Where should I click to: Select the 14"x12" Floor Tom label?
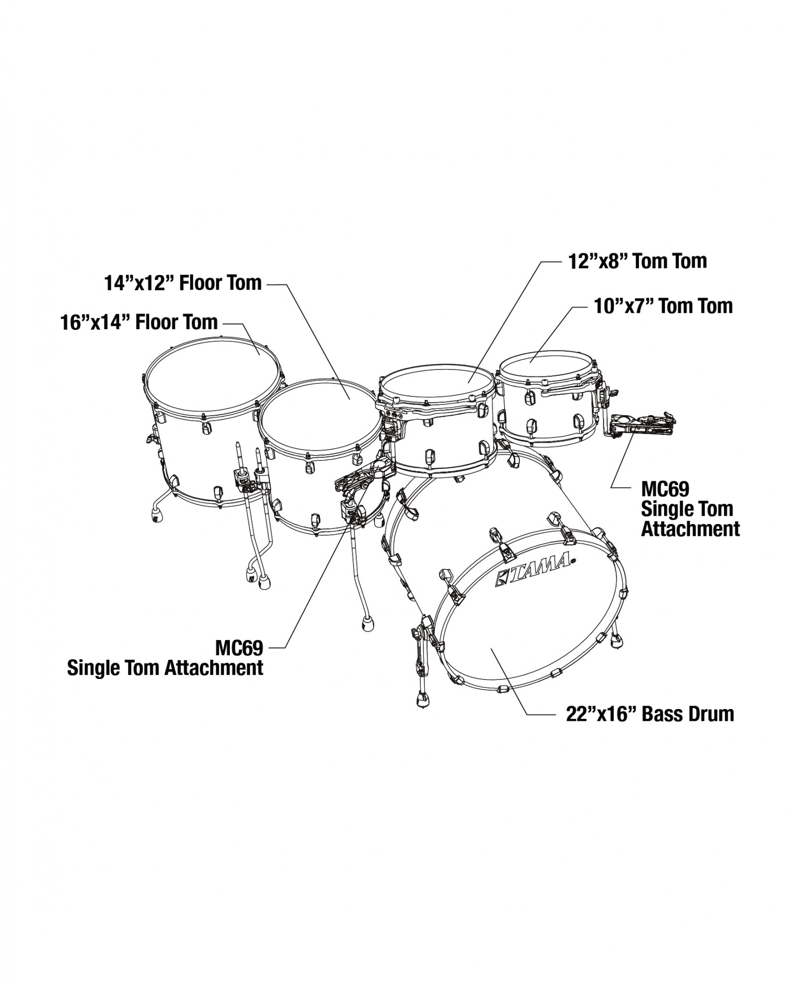[x=183, y=283]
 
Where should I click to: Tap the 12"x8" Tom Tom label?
[x=638, y=261]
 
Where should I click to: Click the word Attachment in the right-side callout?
[x=690, y=529]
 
